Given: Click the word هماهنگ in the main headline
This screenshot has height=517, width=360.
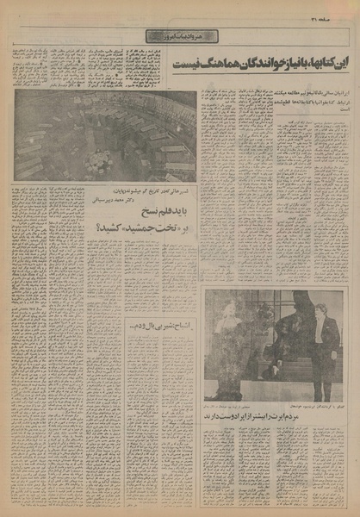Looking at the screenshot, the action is tap(223, 64).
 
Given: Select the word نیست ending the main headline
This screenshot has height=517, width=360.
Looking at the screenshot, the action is tap(190, 64).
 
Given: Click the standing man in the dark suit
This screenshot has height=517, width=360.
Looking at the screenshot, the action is tap(325, 345).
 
